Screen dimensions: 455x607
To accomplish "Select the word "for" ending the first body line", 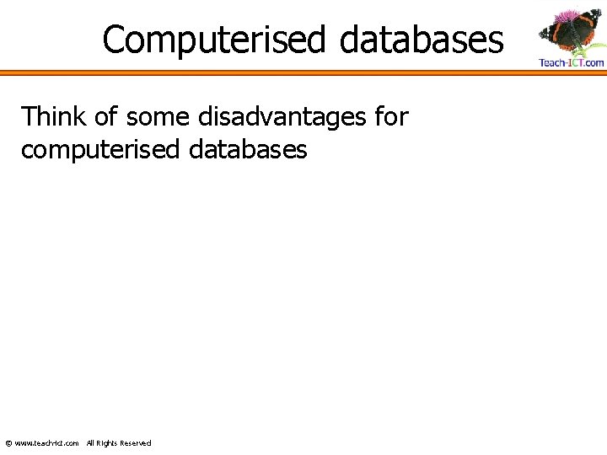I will point(391,117).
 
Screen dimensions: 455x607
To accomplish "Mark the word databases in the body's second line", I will point(249,150).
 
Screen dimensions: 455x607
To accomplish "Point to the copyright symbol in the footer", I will point(8,443).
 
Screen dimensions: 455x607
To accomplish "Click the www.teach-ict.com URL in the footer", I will point(47,443).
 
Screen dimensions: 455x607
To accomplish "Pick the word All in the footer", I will point(91,443).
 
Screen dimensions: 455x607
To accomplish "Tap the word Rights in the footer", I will point(107,443).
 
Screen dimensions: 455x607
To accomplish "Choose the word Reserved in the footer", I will point(136,443).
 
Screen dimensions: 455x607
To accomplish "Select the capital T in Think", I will point(29,117).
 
